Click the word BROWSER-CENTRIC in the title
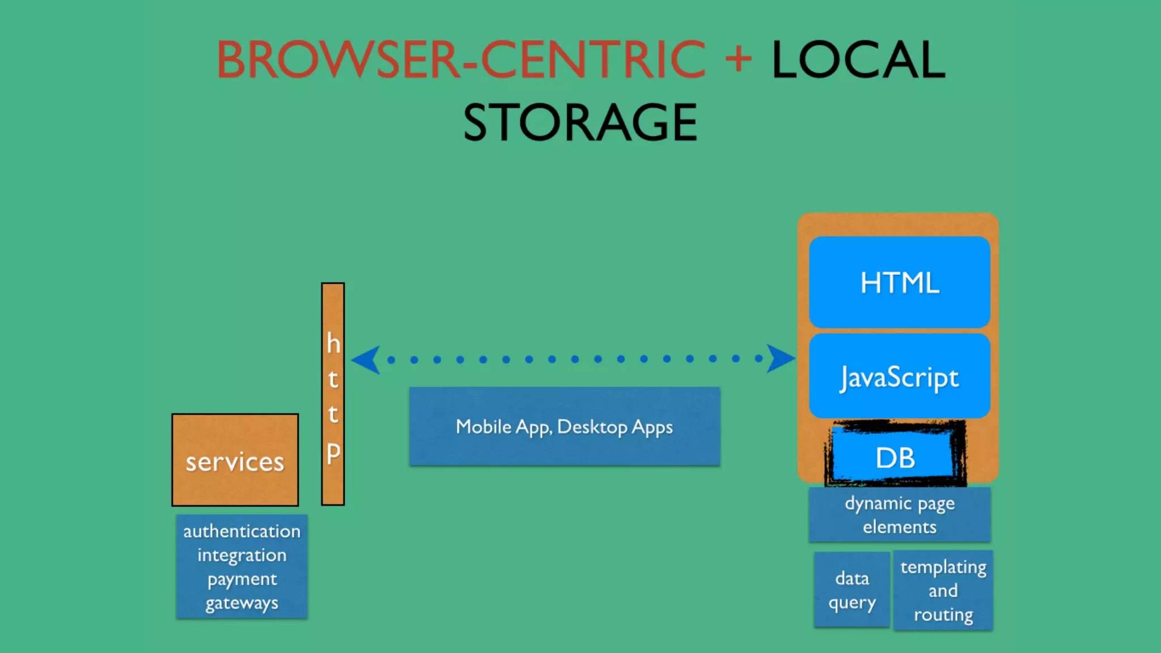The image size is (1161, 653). [x=461, y=60]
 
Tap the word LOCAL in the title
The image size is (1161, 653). [x=858, y=60]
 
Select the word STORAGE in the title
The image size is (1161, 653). [x=580, y=122]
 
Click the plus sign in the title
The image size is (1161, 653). [x=738, y=58]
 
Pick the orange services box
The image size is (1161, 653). [x=235, y=460]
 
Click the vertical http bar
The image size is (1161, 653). [x=333, y=394]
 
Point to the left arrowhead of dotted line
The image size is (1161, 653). [x=366, y=359]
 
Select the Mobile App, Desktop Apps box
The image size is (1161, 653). [x=565, y=426]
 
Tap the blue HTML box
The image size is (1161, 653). [x=900, y=282]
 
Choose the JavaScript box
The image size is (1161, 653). [x=900, y=376]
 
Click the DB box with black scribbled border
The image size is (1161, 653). [x=896, y=457]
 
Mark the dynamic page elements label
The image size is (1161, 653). [x=900, y=515]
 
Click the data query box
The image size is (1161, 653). [x=851, y=590]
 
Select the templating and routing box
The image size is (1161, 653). [x=943, y=590]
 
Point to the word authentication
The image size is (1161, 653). [x=242, y=531]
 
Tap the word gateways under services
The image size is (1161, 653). [x=242, y=603]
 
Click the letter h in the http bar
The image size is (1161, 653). [x=333, y=344]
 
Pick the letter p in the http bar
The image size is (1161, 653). [x=333, y=452]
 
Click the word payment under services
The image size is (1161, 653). [x=242, y=579]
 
